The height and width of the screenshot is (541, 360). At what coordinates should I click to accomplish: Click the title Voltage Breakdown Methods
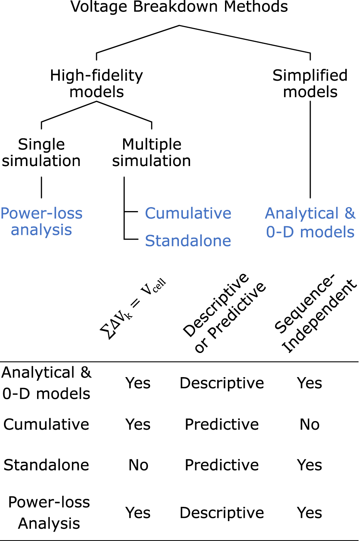pyautogui.click(x=179, y=7)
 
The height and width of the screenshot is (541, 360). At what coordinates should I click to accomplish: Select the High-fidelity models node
pyautogui.click(x=96, y=84)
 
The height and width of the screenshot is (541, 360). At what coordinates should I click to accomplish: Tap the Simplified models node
pyautogui.click(x=310, y=84)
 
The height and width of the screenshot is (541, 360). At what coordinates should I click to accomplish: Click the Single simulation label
pyautogui.click(x=41, y=152)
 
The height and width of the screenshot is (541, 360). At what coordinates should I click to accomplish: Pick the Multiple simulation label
pyautogui.click(x=152, y=152)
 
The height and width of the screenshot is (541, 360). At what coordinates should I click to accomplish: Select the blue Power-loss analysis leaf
pyautogui.click(x=41, y=222)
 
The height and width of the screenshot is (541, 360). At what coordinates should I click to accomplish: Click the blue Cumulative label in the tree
pyautogui.click(x=188, y=213)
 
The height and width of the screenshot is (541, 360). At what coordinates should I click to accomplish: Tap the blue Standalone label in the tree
pyautogui.click(x=188, y=241)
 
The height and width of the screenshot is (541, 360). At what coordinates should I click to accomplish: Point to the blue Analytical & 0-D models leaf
pyautogui.click(x=310, y=223)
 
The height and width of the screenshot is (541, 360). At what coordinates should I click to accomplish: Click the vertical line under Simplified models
pyautogui.click(x=310, y=149)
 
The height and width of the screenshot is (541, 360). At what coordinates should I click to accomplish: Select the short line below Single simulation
pyautogui.click(x=41, y=187)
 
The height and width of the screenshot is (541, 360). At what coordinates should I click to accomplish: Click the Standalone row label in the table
pyautogui.click(x=46, y=465)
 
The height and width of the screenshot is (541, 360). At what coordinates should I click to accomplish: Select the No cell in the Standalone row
pyautogui.click(x=138, y=465)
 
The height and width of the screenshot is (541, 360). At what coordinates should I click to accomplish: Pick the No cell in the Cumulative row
pyautogui.click(x=310, y=424)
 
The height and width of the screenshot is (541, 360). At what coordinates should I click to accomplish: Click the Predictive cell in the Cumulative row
pyautogui.click(x=222, y=424)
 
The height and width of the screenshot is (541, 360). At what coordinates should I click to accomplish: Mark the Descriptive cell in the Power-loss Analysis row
pyautogui.click(x=222, y=513)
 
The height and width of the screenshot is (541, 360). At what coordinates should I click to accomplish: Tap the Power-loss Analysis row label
pyautogui.click(x=49, y=513)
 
